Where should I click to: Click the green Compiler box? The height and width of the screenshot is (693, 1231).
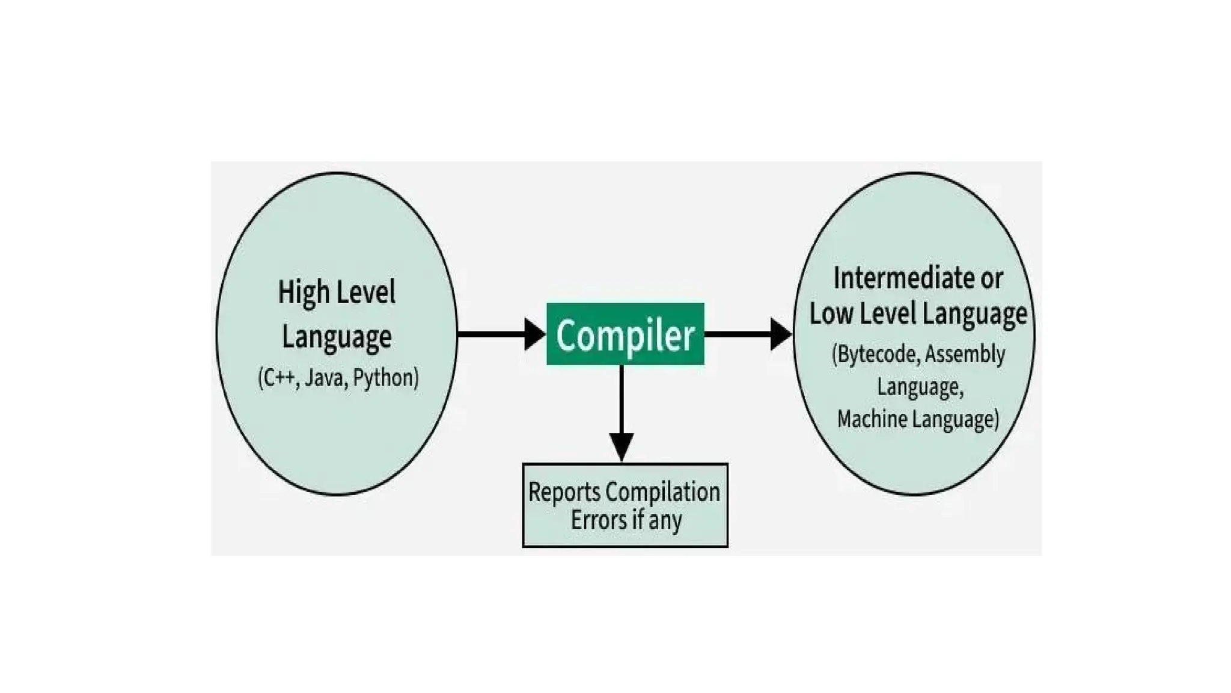(625, 334)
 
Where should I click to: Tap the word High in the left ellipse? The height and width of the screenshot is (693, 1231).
(304, 293)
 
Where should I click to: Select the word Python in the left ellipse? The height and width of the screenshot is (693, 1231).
(385, 378)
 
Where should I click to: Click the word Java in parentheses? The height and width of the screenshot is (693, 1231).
(324, 378)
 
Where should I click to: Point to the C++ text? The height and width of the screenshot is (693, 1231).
(278, 378)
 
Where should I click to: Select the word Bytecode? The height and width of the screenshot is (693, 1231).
(876, 354)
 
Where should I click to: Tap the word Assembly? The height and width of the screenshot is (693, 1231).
(965, 354)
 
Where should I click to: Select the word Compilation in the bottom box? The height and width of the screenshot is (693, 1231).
(662, 492)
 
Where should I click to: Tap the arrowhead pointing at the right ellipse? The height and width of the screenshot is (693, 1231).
(780, 334)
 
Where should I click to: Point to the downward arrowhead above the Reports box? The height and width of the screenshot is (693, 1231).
(622, 447)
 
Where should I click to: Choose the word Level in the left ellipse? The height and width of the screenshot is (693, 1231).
(365, 293)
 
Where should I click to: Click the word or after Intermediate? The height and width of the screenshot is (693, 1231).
(991, 278)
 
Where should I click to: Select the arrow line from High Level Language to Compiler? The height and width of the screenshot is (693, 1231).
(490, 334)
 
